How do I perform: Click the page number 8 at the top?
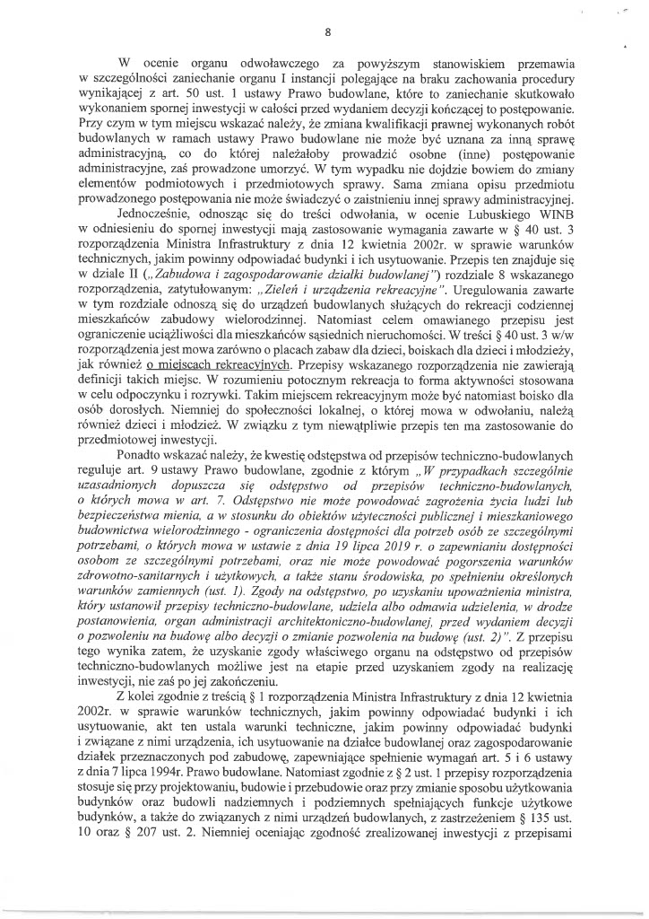click(x=328, y=32)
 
